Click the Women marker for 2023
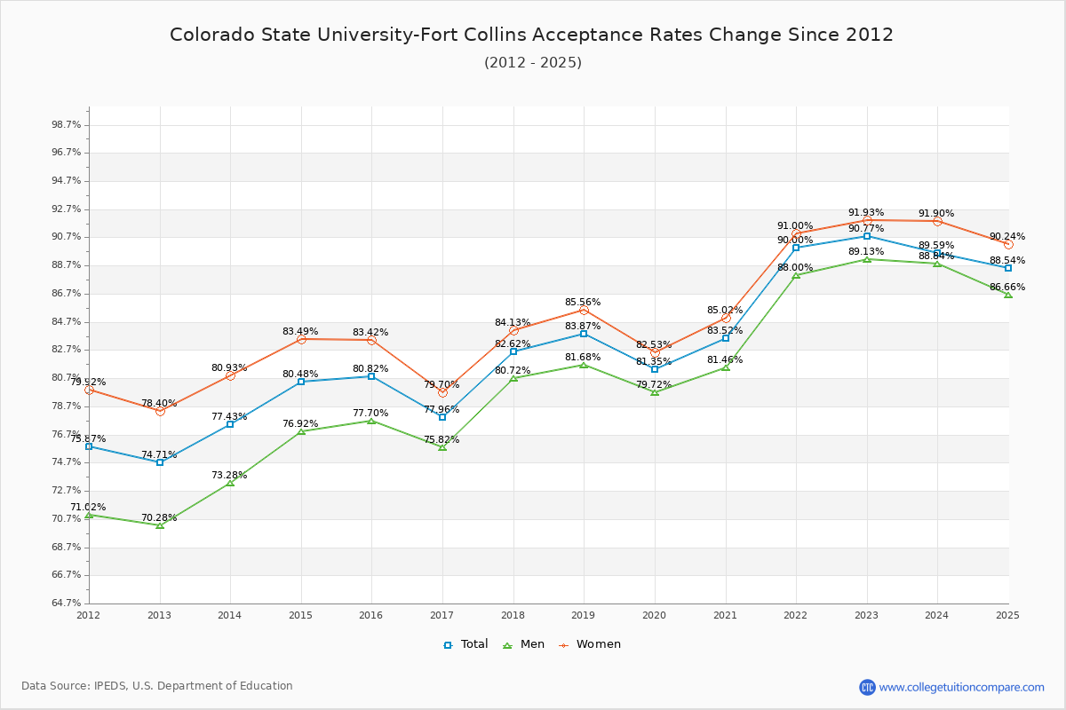[x=867, y=221]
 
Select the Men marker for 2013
[x=160, y=525]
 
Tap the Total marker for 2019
[x=584, y=334]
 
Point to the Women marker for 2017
[x=442, y=393]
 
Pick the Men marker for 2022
[x=796, y=275]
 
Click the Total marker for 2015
[x=301, y=382]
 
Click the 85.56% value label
[x=583, y=302]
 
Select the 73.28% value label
[x=229, y=475]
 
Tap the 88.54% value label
[x=1007, y=261]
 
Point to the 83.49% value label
[x=300, y=331]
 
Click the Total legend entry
[x=465, y=644]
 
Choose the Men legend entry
[x=524, y=644]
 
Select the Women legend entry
[x=590, y=644]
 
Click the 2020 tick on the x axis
[x=655, y=615]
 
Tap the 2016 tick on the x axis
[x=371, y=615]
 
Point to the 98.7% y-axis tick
[x=66, y=124]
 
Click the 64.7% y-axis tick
[x=66, y=603]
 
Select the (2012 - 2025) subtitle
[x=533, y=63]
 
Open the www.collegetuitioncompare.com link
[x=962, y=687]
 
